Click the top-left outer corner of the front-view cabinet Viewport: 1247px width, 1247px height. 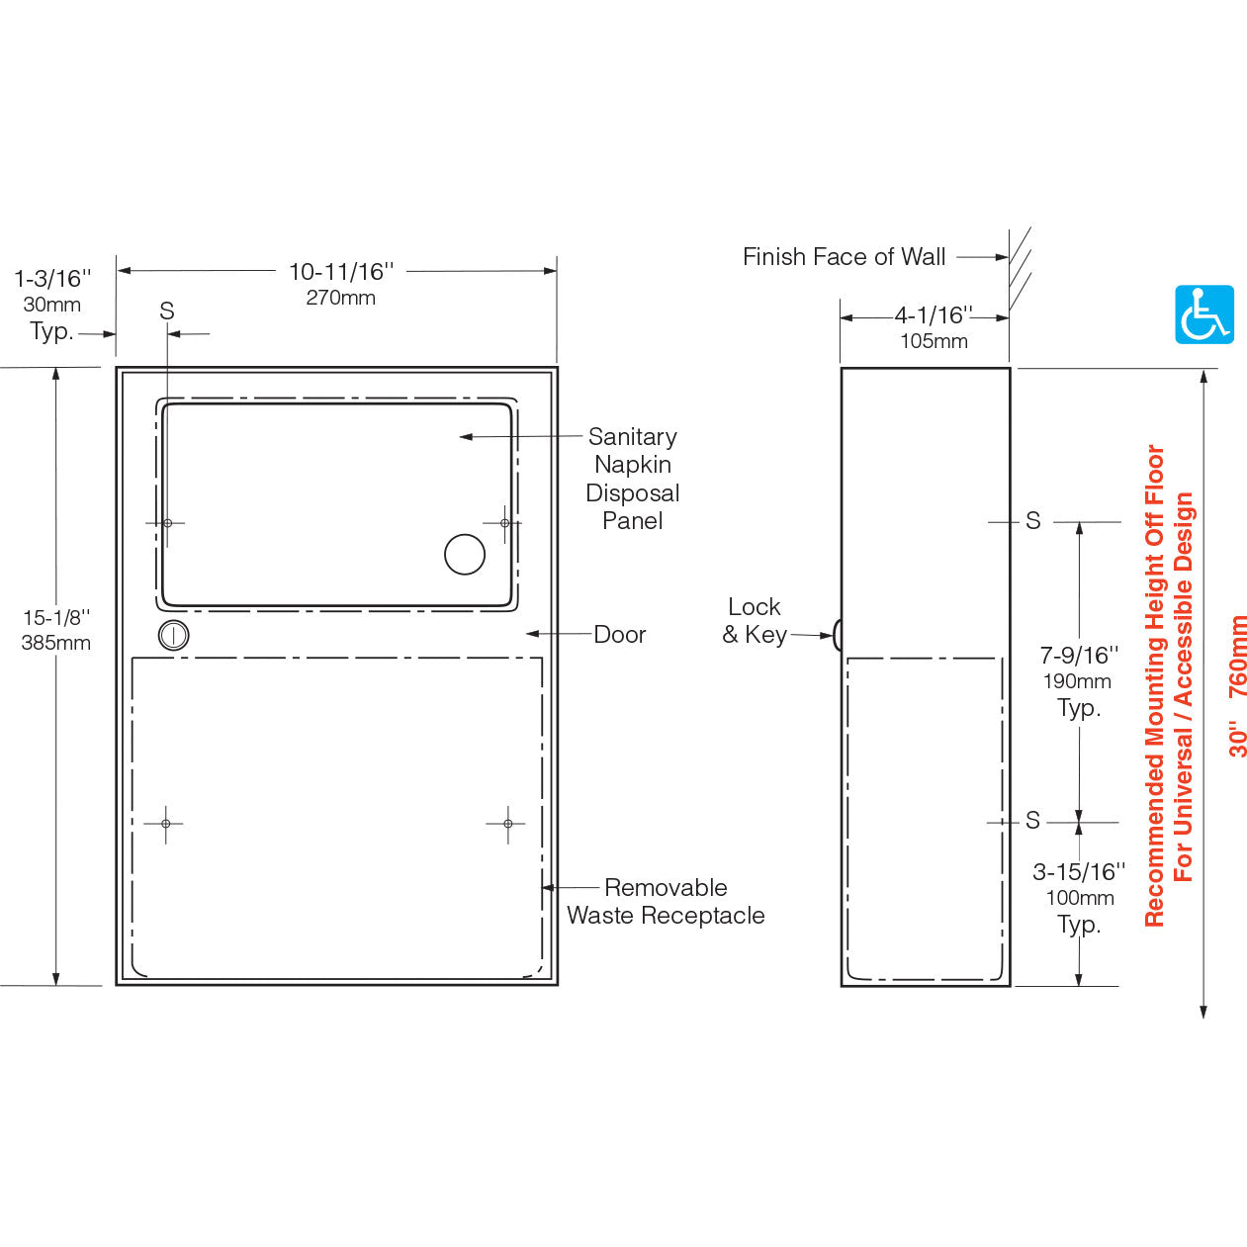click(117, 368)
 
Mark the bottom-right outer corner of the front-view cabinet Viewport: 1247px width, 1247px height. click(558, 986)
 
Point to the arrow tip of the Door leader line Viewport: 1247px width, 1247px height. click(527, 634)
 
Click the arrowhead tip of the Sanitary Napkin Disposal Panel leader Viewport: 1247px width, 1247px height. click(460, 437)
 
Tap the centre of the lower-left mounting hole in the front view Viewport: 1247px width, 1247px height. click(166, 824)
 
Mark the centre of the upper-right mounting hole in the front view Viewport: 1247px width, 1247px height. click(504, 523)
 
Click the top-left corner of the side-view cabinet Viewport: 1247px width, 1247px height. click(842, 368)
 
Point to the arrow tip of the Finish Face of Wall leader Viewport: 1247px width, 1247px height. click(1008, 257)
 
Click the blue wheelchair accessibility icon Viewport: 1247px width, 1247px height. click(1204, 314)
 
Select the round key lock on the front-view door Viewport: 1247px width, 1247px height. click(173, 635)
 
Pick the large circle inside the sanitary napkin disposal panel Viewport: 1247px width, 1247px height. click(465, 555)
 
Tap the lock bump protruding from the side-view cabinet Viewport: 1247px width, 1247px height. click(837, 635)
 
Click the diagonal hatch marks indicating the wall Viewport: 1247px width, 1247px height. click(1020, 269)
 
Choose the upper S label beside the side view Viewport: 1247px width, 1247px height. click(1032, 521)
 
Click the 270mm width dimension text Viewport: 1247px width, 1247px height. click(340, 298)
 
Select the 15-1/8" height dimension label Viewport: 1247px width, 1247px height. click(56, 617)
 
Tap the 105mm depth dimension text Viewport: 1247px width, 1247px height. click(934, 341)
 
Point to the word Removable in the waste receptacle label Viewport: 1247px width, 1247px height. click(666, 887)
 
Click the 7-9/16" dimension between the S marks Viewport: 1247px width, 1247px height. click(1079, 655)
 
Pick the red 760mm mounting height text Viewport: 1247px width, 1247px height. click(1237, 657)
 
